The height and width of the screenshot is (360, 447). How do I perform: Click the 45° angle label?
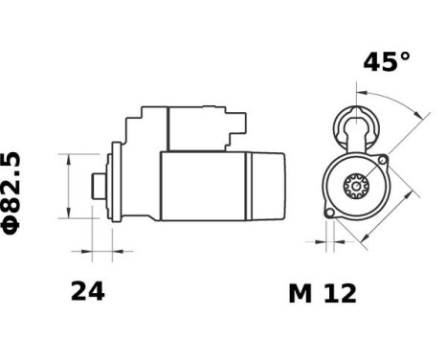click(386, 63)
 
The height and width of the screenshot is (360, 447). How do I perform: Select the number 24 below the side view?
click(87, 292)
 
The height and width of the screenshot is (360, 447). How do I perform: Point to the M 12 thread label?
click(322, 294)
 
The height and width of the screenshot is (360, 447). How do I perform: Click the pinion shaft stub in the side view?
click(97, 185)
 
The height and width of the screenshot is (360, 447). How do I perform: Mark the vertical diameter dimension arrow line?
click(69, 184)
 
